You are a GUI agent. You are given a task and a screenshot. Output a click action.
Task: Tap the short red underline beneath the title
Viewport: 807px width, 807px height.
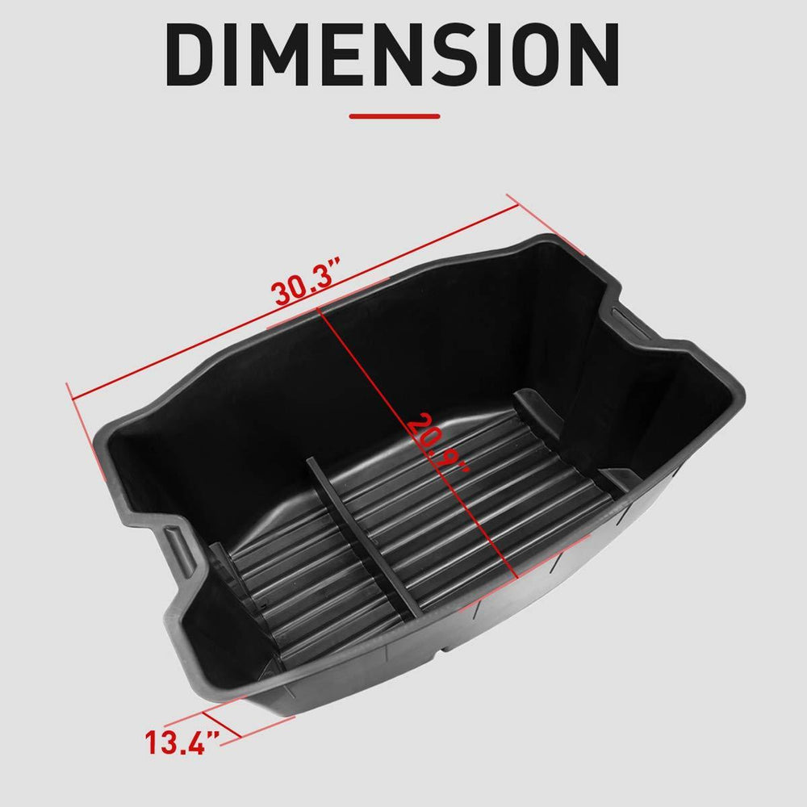point(395,115)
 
